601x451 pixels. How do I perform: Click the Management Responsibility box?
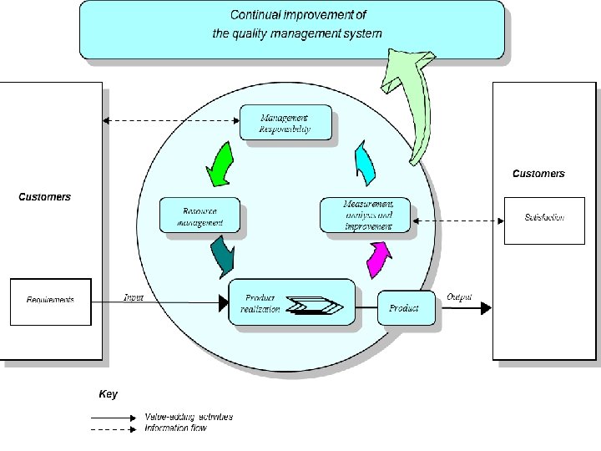pyautogui.click(x=285, y=123)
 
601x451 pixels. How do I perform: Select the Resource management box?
pyautogui.click(x=199, y=215)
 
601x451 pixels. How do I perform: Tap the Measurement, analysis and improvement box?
pyautogui.click(x=367, y=215)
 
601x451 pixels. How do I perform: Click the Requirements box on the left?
pyautogui.click(x=50, y=301)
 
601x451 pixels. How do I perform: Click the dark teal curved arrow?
pyautogui.click(x=223, y=256)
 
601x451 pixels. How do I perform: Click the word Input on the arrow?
pyautogui.click(x=134, y=297)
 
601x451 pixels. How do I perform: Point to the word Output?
pyautogui.click(x=459, y=297)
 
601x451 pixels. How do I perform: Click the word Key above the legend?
pyautogui.click(x=109, y=394)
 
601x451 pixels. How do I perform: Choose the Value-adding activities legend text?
pyautogui.click(x=189, y=417)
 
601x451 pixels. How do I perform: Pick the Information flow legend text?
pyautogui.click(x=175, y=428)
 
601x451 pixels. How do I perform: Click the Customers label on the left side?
pyautogui.click(x=45, y=197)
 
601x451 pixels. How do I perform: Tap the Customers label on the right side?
pyautogui.click(x=538, y=174)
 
